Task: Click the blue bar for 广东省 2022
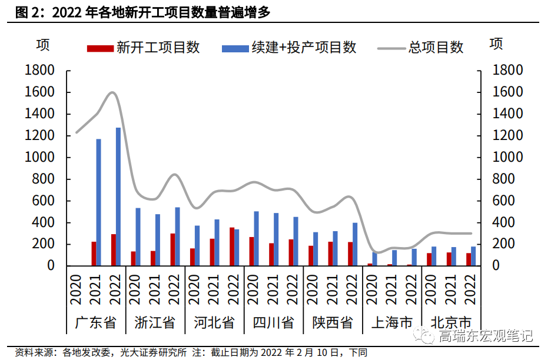coord(118,196)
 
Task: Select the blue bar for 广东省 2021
coord(98,202)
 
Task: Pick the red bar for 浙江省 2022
coord(172,249)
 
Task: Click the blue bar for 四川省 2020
coord(256,238)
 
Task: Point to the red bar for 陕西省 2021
coord(330,254)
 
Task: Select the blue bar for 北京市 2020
coord(434,256)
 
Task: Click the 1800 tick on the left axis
coord(39,71)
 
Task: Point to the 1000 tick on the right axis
coord(507,158)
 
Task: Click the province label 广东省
coord(96,322)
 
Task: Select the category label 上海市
coord(393,322)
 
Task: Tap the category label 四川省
coord(274,322)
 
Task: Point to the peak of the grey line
coord(113,92)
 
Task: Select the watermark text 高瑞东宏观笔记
coord(485,336)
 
